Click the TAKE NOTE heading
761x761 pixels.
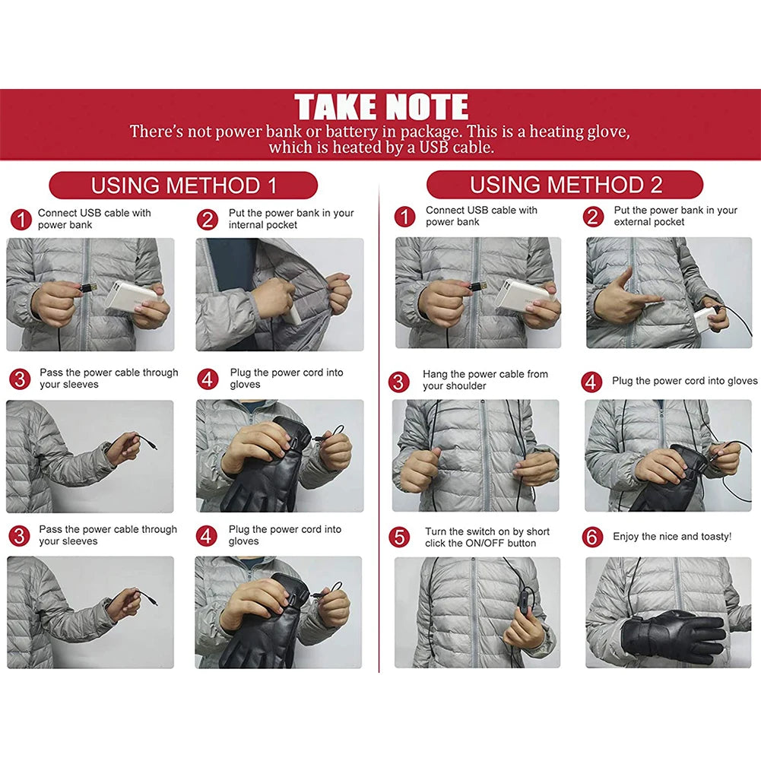(x=381, y=107)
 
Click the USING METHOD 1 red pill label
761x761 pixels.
(x=183, y=185)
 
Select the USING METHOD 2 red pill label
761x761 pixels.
(x=565, y=185)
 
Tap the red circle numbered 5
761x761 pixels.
(x=400, y=537)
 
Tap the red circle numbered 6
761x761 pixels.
(x=592, y=537)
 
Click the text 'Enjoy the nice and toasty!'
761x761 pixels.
(x=672, y=537)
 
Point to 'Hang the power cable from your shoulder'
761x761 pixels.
(x=485, y=380)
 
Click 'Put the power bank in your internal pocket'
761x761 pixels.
(x=291, y=219)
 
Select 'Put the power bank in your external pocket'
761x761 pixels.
(x=675, y=216)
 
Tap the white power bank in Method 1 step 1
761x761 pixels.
(x=130, y=296)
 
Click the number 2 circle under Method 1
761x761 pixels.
(x=208, y=220)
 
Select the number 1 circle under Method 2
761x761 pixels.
(x=404, y=217)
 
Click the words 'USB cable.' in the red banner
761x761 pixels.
(x=454, y=147)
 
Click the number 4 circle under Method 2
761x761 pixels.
(x=591, y=382)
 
